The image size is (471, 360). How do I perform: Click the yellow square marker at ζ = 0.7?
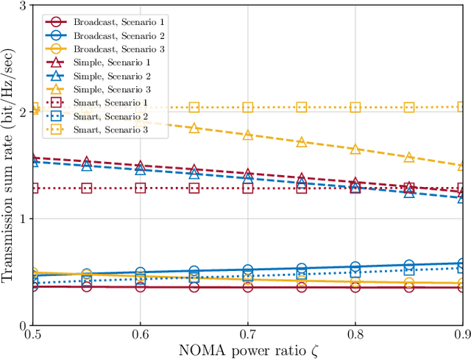[x=248, y=107]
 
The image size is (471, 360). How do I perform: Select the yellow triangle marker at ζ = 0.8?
[x=355, y=149]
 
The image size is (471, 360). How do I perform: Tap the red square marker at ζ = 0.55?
[x=87, y=188]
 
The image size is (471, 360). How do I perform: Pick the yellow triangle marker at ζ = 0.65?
[x=194, y=127]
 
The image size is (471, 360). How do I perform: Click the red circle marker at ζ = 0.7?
[x=248, y=286]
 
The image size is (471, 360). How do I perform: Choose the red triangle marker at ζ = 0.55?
[x=87, y=161]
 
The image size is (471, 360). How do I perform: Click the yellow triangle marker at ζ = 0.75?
[x=302, y=141]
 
